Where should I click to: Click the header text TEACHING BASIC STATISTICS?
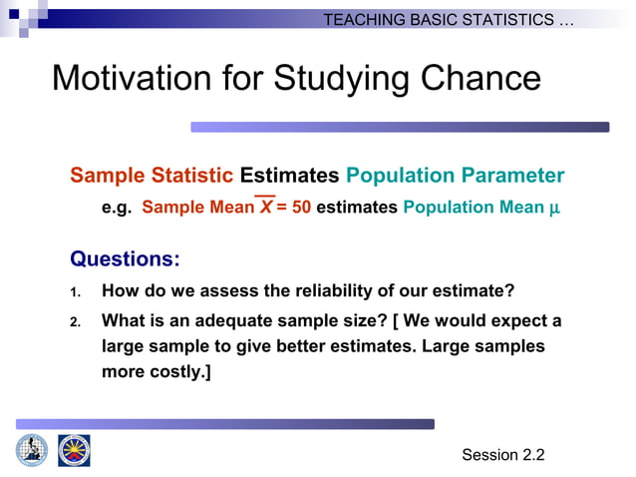(x=449, y=20)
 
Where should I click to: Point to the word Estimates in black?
(x=290, y=176)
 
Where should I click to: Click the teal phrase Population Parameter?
(x=455, y=176)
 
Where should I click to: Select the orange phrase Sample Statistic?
(x=152, y=176)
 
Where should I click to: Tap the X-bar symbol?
(x=266, y=208)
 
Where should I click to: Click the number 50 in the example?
(x=300, y=208)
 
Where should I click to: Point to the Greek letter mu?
(x=555, y=209)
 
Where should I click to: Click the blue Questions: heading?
(x=125, y=259)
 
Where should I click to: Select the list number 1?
(x=75, y=292)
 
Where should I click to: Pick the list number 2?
(x=75, y=322)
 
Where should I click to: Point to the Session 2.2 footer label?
(x=503, y=455)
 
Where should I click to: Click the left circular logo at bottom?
(x=31, y=450)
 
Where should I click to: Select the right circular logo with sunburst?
(x=74, y=450)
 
